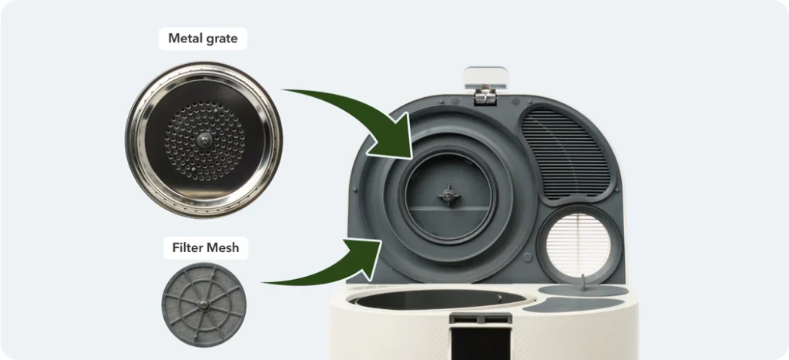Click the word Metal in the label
pos(183,39)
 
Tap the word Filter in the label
pos(187,247)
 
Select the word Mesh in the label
pos(223,247)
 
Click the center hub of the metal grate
pos(203,140)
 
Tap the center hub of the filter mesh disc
pos(203,304)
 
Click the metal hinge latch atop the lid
pos(485,86)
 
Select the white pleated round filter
pos(578,244)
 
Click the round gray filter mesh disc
pos(203,304)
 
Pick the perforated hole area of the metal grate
pos(204,140)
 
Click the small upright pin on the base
pos(584,282)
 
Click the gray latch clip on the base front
pos(480,318)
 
